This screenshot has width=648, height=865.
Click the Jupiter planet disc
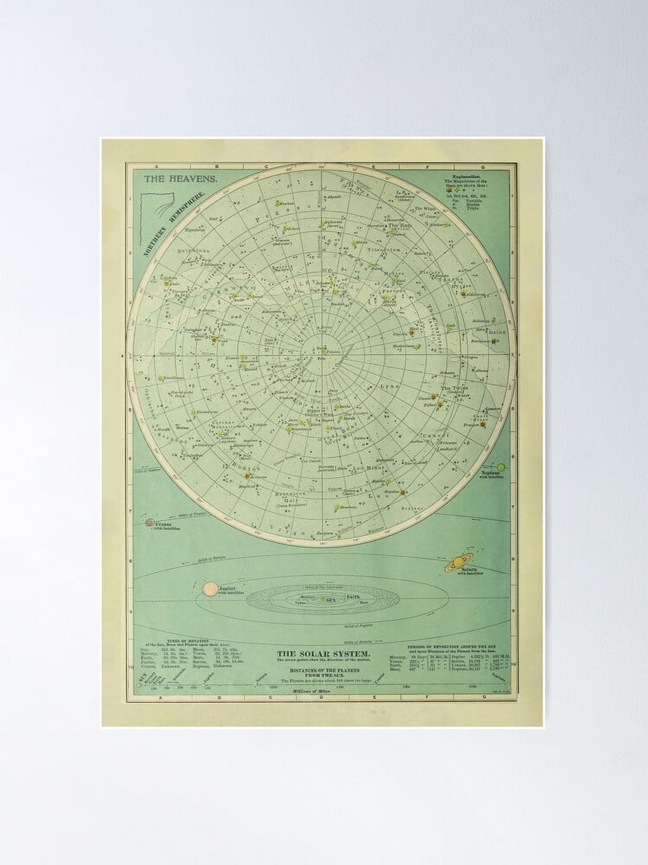210,589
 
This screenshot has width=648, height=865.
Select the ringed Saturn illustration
457,563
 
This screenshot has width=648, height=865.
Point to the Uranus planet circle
149,523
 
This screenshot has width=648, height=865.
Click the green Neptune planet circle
501,467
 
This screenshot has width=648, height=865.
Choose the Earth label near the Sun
353,597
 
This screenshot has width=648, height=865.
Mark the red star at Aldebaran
463,294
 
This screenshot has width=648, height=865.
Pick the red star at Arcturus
247,476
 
